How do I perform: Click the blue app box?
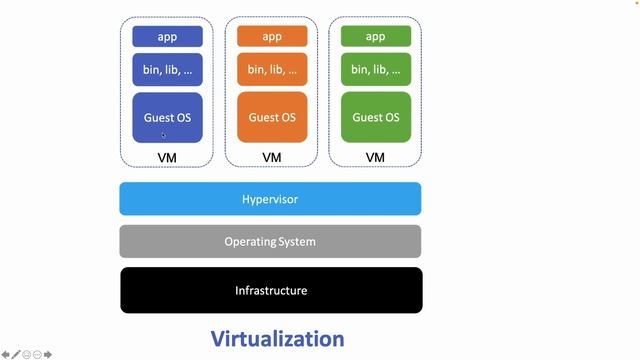pyautogui.click(x=167, y=37)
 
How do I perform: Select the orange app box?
pyautogui.click(x=271, y=37)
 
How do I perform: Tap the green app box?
pyautogui.click(x=375, y=37)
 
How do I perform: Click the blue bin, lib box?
pyautogui.click(x=167, y=70)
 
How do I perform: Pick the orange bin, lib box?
pyautogui.click(x=271, y=70)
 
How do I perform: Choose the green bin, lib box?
pyautogui.click(x=375, y=70)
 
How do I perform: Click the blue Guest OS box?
pyautogui.click(x=167, y=117)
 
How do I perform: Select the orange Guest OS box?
pyautogui.click(x=271, y=117)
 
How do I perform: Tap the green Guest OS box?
pyautogui.click(x=375, y=117)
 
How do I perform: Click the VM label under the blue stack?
pyautogui.click(x=167, y=158)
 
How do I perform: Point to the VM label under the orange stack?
pyautogui.click(x=271, y=158)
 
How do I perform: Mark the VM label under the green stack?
pyautogui.click(x=375, y=158)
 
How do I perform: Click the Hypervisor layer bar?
pyautogui.click(x=270, y=199)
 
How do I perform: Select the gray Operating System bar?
pyautogui.click(x=270, y=241)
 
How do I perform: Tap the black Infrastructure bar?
pyautogui.click(x=271, y=290)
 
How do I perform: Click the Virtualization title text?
pyautogui.click(x=277, y=338)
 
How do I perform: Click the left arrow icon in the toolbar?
pyautogui.click(x=6, y=354)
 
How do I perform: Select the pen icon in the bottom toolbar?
pyautogui.click(x=16, y=354)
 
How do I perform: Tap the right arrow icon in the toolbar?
pyautogui.click(x=47, y=354)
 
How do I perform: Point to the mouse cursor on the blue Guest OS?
pyautogui.click(x=164, y=135)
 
